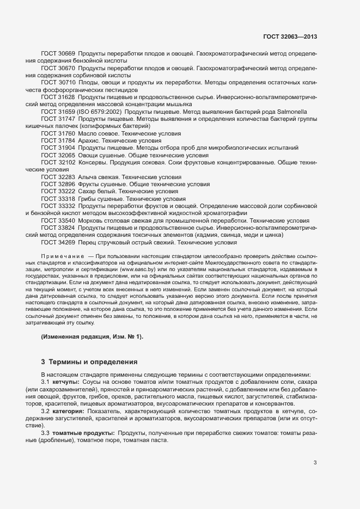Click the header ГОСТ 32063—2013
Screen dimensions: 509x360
tap(290, 36)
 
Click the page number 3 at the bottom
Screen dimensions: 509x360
tap(315, 463)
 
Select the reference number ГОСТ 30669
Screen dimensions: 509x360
tap(58, 53)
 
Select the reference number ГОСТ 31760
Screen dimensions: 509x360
tap(58, 133)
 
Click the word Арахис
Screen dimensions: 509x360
tap(89, 140)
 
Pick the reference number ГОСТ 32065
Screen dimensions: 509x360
tap(58, 155)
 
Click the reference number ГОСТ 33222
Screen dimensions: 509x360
tap(58, 192)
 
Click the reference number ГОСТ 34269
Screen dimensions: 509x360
tap(58, 243)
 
